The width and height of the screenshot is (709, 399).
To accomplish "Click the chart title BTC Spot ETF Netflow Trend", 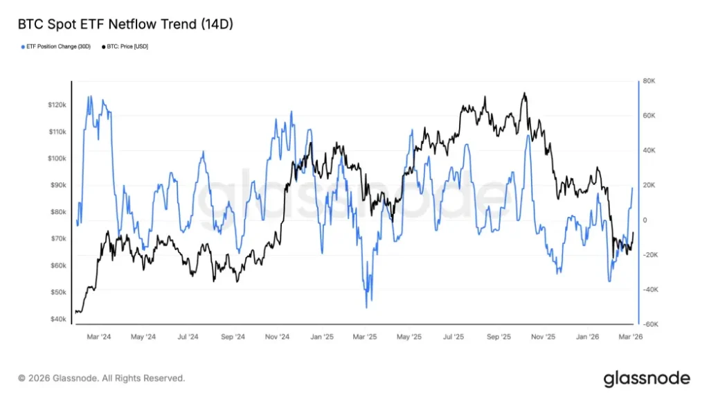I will point(125,24).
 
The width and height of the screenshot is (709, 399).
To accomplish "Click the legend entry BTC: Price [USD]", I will point(128,46).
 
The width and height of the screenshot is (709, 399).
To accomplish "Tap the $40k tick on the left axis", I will point(58,319).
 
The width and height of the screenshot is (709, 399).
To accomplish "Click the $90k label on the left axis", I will point(58,185).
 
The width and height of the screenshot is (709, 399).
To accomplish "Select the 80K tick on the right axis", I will point(649,81).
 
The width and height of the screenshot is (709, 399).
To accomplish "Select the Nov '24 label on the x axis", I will point(276,337).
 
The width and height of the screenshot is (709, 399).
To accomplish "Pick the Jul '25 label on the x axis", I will point(454,337).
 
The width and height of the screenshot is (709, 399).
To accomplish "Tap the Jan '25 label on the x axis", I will point(322,337).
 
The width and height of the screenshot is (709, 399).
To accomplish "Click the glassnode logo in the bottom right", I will point(647,378).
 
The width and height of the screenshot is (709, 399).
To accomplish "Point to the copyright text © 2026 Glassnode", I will point(102,378).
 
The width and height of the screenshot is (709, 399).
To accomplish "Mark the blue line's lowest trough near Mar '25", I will point(366,308).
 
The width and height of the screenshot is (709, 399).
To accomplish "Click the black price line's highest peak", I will point(524,93).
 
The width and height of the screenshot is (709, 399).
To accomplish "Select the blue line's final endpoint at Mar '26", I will point(633,188).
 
